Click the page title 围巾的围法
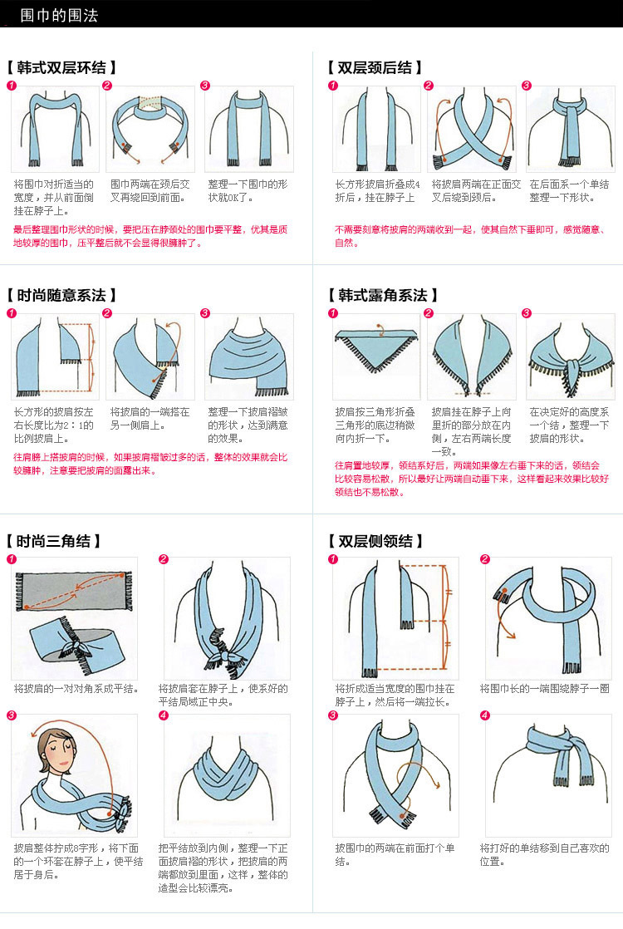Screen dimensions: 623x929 point(59,15)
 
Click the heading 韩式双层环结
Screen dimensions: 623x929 point(61,67)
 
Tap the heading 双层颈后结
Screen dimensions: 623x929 point(375,67)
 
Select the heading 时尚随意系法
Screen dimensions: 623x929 point(61,295)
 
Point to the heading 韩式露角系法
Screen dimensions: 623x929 point(383,295)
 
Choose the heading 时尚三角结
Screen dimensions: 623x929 point(54,541)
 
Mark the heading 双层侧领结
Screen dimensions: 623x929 point(375,541)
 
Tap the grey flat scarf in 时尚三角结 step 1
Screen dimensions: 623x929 point(73,591)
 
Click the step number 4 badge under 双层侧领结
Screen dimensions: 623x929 point(485,715)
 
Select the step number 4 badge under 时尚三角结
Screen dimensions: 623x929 point(164,715)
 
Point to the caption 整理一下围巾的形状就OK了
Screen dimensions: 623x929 point(248,191)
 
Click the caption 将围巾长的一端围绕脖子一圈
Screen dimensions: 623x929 point(545,689)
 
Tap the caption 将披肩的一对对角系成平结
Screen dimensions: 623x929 point(76,689)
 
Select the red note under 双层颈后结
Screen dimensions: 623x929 point(469,236)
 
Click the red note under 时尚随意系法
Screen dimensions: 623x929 point(150,464)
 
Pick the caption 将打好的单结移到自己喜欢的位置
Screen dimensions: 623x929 point(545,854)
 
